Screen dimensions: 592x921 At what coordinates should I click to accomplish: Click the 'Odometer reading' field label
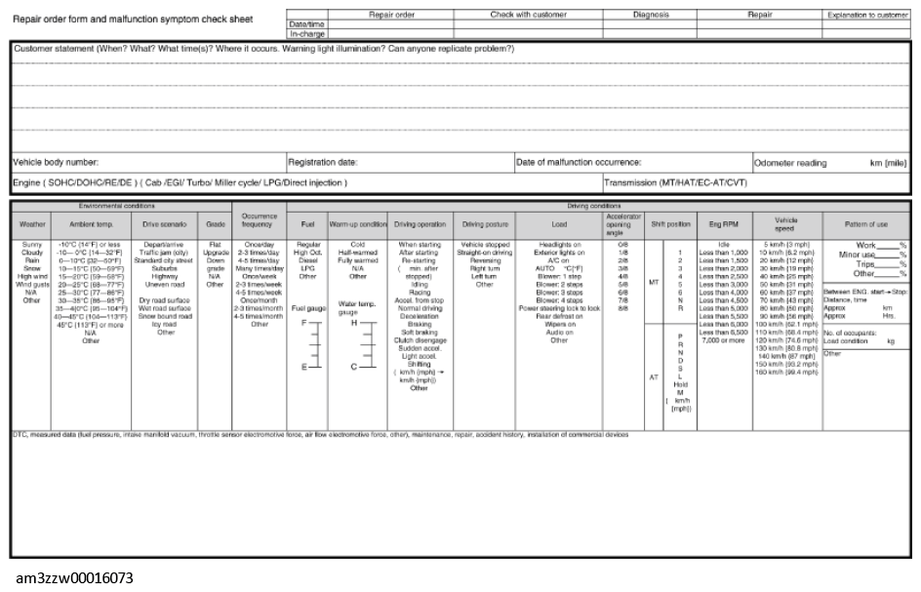[x=790, y=163]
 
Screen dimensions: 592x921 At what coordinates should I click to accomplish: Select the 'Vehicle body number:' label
[x=56, y=162]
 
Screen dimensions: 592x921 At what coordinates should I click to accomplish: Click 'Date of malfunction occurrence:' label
[x=578, y=162]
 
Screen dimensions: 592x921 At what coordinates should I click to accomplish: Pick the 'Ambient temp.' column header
[x=90, y=223]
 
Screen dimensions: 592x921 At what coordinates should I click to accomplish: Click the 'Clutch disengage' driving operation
[x=419, y=339]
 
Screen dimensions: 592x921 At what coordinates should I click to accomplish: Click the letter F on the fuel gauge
[x=303, y=322]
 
